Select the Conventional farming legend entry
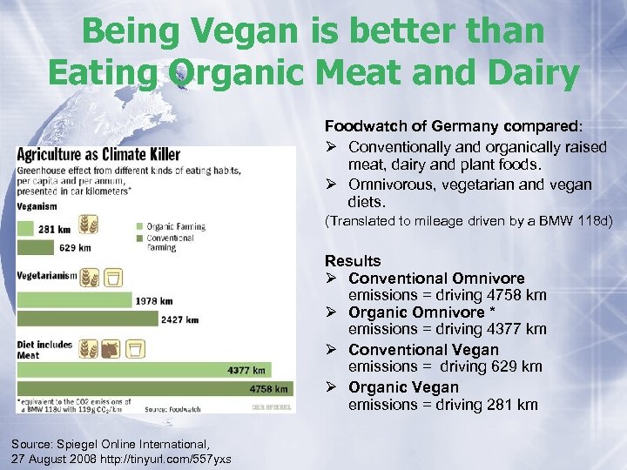(170, 241)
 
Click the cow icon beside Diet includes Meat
(111, 350)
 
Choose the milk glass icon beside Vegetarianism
(113, 278)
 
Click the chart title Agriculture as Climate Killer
(98, 155)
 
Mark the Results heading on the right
(353, 261)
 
